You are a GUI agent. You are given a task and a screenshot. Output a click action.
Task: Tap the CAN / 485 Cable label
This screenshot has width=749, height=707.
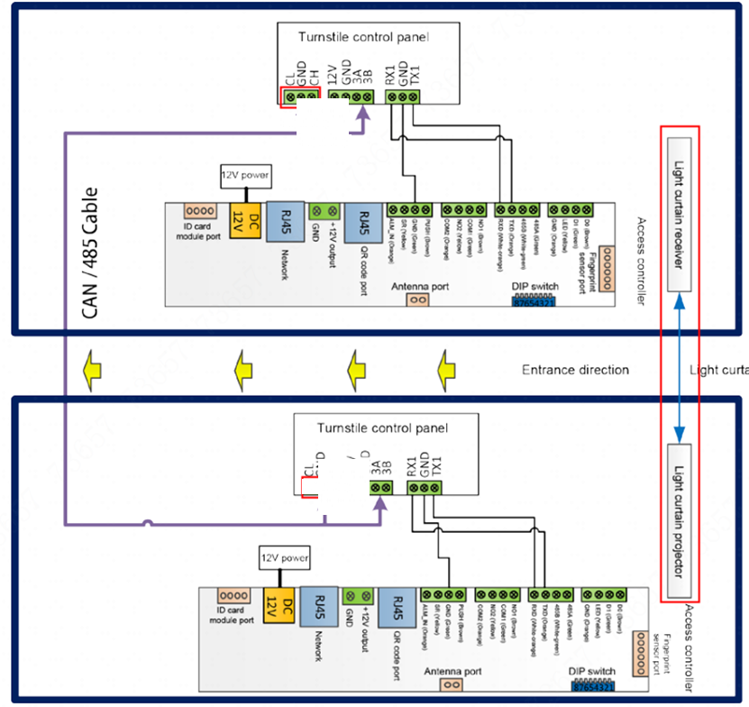point(91,253)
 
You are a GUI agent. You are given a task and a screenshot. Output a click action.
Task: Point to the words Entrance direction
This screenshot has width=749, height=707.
point(575,370)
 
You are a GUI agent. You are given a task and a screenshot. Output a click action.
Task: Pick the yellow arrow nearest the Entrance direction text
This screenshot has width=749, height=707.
point(445,369)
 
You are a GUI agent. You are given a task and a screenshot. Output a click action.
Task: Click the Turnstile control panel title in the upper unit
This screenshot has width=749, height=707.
point(363,37)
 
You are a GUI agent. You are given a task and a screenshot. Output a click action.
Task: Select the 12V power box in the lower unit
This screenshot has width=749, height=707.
point(284,558)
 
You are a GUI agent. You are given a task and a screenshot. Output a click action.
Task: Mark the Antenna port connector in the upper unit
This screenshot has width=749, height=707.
point(417,299)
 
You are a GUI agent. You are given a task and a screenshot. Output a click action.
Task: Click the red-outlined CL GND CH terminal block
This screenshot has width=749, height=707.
point(300,96)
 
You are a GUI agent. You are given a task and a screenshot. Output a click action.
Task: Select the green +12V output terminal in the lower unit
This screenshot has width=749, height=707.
point(358,595)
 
